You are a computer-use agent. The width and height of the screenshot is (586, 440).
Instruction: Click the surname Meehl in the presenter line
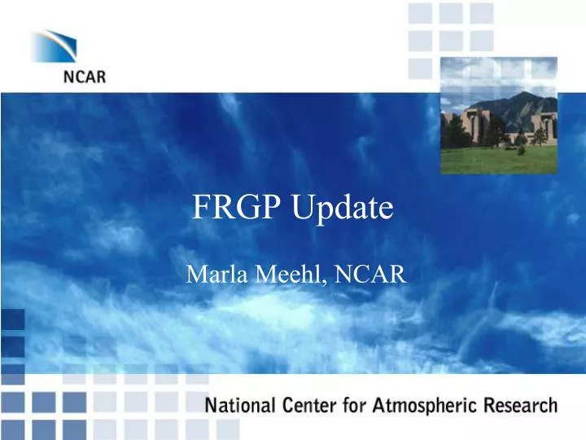pyautogui.click(x=285, y=275)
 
